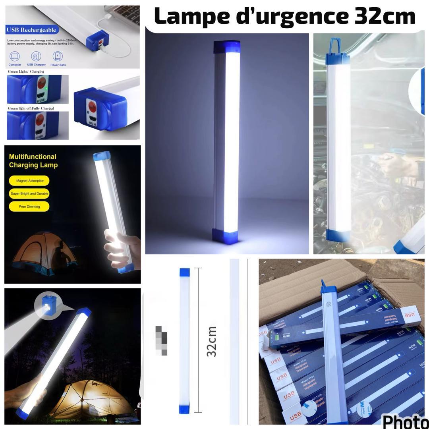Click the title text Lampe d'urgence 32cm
coord(284,16)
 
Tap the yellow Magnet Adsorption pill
coord(29,181)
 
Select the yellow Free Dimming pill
coord(29,207)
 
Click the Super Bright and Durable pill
coord(29,194)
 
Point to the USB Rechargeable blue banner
coord(32,30)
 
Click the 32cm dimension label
coord(212,341)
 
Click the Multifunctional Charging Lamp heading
coord(33,161)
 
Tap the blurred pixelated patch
coord(161,340)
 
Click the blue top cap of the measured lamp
coord(185,272)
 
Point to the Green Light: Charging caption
coord(26,71)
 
